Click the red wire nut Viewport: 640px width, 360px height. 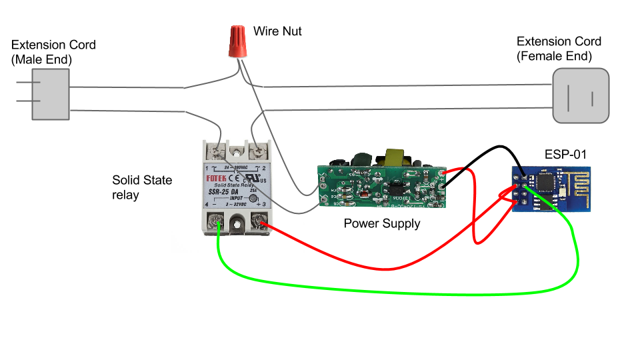[x=235, y=42]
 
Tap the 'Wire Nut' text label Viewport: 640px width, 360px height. [x=277, y=31]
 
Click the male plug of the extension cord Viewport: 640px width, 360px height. [x=50, y=95]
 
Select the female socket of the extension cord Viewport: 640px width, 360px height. [x=581, y=95]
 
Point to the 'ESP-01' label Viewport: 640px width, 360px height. [x=565, y=154]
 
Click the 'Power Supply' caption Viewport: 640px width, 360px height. [x=382, y=223]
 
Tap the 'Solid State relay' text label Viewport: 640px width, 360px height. [x=142, y=187]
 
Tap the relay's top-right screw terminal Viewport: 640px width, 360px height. [x=257, y=151]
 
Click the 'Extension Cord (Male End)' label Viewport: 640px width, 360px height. [x=53, y=52]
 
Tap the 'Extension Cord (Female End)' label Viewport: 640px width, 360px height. [x=559, y=49]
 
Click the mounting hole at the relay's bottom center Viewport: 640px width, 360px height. [x=237, y=225]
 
